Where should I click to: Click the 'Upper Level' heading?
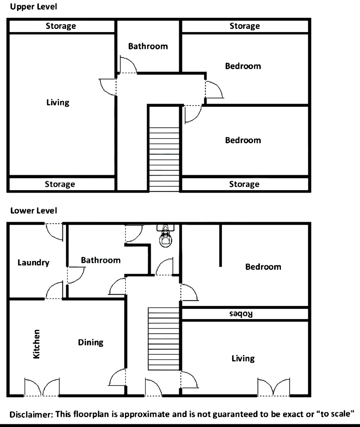coord(33,7)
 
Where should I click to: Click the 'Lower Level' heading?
coord(33,211)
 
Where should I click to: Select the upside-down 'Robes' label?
coord(241,314)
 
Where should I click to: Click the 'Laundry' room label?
coord(33,263)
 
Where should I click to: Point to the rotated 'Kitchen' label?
coord(36,344)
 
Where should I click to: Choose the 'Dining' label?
coord(91,342)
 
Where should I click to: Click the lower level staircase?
coord(164,338)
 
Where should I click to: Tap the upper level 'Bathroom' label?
coord(148,46)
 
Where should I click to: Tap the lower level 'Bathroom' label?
coord(100,260)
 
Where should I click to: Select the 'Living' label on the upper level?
coord(58,103)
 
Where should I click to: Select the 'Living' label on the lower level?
coord(243,359)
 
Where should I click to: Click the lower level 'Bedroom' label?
coord(263,267)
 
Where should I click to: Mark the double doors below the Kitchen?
coord(42,387)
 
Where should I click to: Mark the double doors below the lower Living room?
coord(273,387)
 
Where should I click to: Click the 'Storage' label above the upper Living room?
coord(61,26)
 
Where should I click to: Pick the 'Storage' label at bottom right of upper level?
coord(244,184)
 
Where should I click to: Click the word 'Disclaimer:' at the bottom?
coord(31,415)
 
